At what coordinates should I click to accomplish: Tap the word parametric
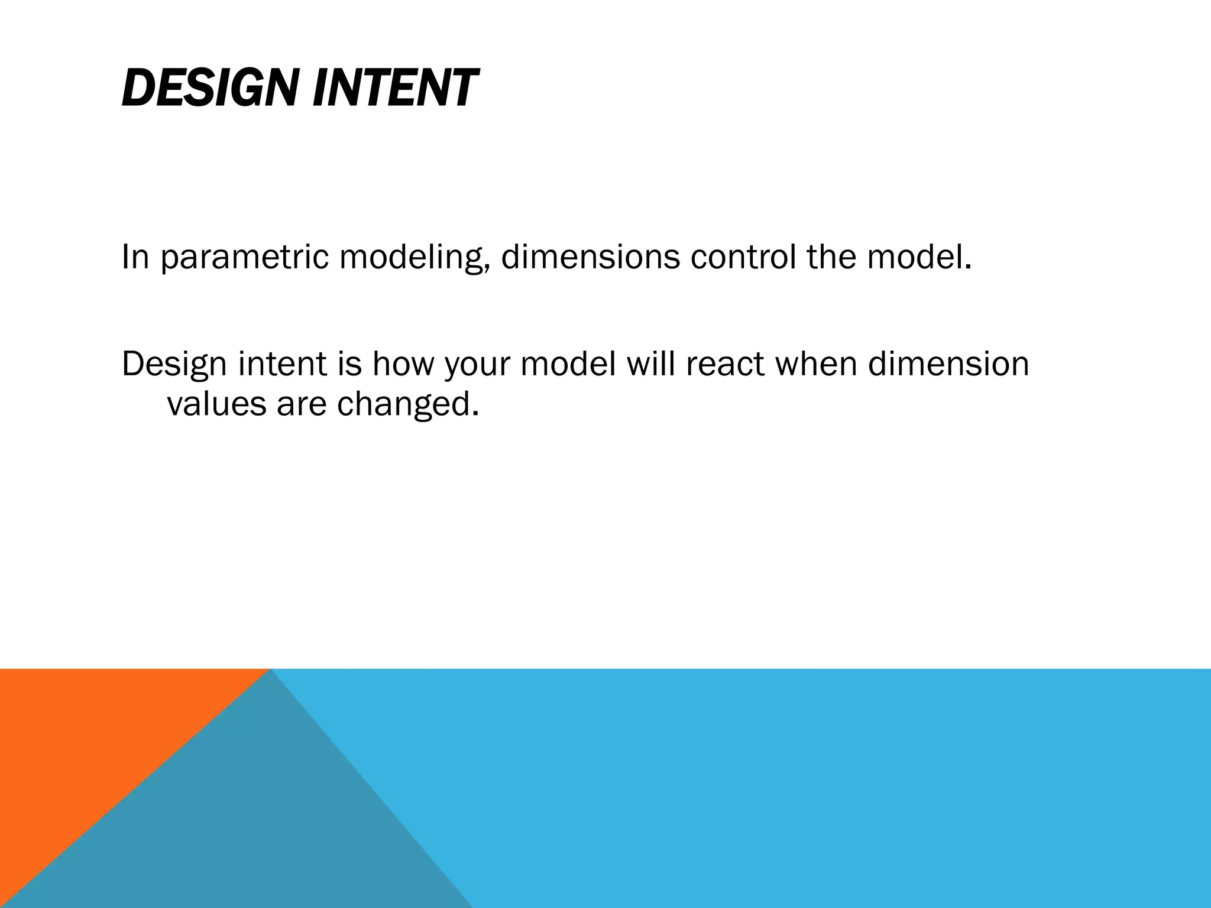click(244, 258)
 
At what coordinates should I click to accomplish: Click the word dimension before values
click(948, 364)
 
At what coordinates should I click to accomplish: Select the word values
click(216, 404)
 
